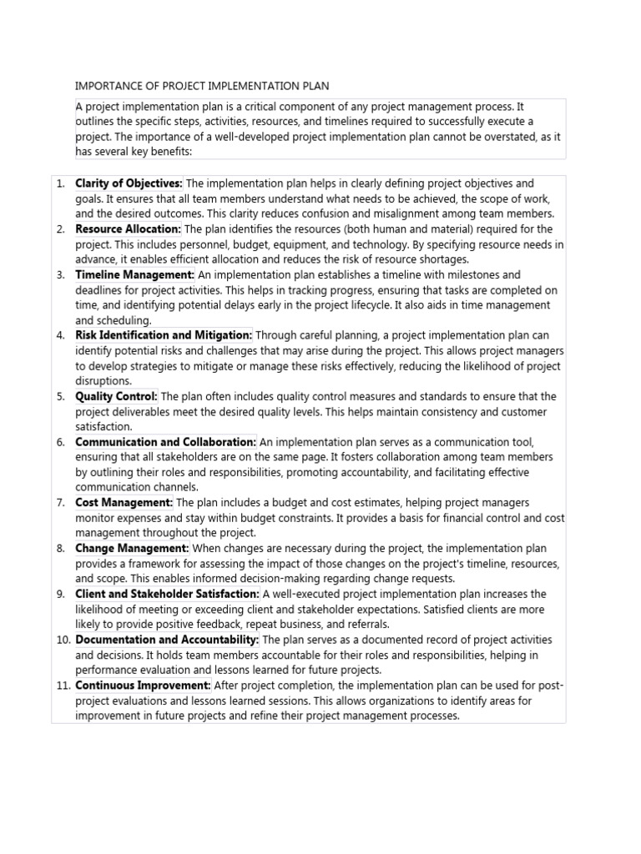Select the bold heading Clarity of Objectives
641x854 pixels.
(129, 183)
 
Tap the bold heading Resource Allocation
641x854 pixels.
(128, 229)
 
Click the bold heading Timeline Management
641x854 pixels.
(134, 274)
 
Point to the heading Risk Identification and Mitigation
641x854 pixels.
(164, 335)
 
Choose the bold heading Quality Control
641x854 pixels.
(116, 396)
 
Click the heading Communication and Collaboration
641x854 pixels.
(165, 442)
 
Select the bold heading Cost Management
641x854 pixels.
(124, 503)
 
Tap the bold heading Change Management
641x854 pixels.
(132, 549)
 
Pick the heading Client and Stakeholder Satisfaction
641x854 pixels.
(167, 594)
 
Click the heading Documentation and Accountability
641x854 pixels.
(167, 640)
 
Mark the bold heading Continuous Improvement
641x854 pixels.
(143, 686)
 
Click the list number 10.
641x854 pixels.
(62, 640)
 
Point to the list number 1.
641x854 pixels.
(60, 183)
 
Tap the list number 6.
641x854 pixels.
(60, 442)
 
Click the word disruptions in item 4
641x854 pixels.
(103, 381)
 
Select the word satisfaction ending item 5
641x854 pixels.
(103, 427)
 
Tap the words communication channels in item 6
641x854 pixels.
(137, 488)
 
